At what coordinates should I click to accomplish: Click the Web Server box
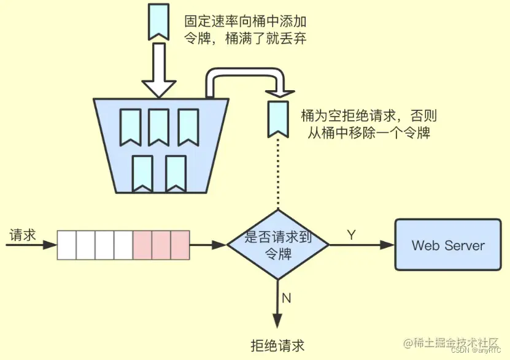coord(448,245)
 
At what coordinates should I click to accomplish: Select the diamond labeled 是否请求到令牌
coord(278,245)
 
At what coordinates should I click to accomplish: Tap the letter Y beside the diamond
coord(351,235)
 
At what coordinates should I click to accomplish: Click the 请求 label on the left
coord(23,235)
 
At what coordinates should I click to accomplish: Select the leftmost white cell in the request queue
coord(66,245)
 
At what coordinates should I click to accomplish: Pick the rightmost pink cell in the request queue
coord(180,245)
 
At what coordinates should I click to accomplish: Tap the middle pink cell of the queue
coord(161,245)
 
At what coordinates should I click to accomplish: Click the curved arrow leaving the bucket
coord(245,77)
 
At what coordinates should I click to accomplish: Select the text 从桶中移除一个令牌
coord(369,131)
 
